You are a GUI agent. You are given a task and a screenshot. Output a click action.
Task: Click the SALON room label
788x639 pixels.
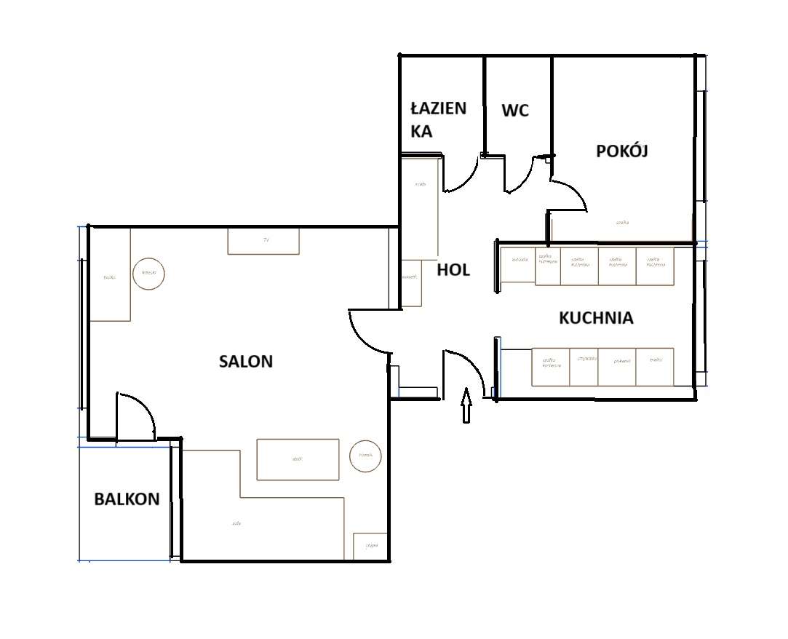click(246, 361)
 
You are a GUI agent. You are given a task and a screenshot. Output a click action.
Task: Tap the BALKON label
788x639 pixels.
click(127, 499)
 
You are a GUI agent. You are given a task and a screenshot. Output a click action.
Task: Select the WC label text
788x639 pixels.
click(515, 111)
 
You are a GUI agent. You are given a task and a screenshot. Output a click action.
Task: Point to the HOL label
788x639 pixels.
click(453, 270)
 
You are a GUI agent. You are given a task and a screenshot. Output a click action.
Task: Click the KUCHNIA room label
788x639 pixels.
click(596, 318)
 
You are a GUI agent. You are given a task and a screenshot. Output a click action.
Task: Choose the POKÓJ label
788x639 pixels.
click(621, 151)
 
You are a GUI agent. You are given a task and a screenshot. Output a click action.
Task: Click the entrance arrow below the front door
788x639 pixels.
click(466, 405)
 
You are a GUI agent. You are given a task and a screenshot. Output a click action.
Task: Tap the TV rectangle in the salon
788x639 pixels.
click(263, 241)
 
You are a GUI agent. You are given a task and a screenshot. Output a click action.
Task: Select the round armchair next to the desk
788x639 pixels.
click(149, 274)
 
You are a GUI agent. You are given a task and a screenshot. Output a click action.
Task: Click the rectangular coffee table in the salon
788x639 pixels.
click(298, 459)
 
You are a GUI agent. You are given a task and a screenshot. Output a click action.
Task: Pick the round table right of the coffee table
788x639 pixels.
click(365, 456)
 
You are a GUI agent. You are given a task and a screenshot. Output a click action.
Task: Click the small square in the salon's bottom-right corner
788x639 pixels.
click(370, 547)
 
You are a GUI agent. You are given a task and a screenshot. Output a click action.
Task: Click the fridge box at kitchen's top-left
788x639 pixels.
click(518, 266)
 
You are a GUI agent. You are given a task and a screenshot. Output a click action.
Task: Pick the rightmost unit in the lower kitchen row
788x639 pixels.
click(655, 367)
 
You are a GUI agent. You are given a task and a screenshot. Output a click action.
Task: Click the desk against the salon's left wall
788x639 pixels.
click(110, 274)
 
